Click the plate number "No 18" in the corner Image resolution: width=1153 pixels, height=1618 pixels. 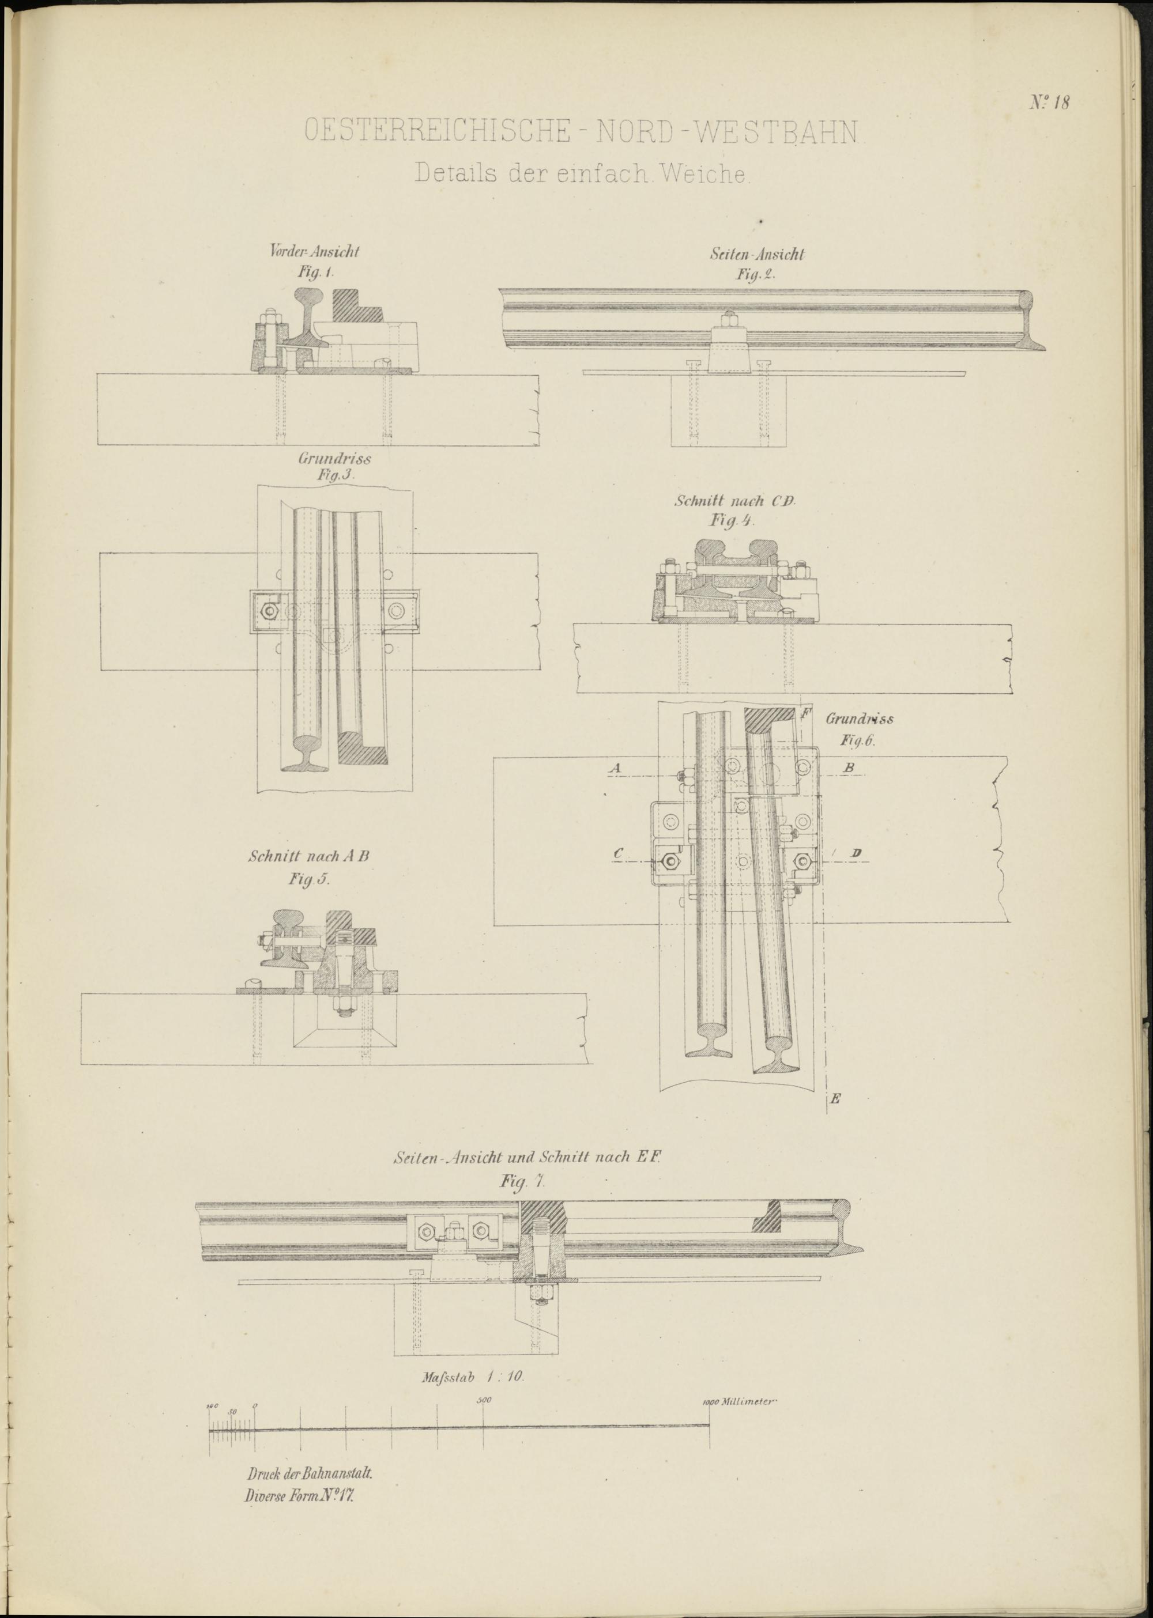1049,102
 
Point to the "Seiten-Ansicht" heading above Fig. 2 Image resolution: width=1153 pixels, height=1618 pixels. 757,254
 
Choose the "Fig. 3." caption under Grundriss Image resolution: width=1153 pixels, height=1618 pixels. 335,475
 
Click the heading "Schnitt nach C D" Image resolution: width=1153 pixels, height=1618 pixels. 736,501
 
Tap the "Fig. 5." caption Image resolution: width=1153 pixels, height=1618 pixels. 310,879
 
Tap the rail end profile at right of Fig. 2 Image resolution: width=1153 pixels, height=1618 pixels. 1033,319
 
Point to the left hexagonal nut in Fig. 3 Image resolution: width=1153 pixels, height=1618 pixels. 269,610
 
